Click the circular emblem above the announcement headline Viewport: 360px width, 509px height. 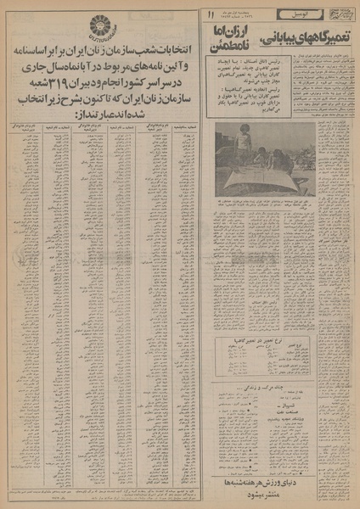[28, 29]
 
